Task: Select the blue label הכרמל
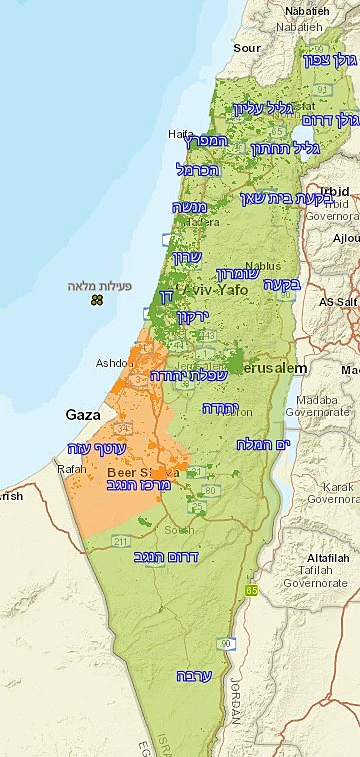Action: click(196, 169)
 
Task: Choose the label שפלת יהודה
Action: click(189, 375)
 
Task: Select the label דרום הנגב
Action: click(166, 556)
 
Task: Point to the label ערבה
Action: click(193, 675)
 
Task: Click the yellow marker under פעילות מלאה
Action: click(96, 300)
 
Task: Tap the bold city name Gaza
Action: click(83, 414)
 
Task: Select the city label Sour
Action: click(246, 47)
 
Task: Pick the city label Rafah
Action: click(72, 466)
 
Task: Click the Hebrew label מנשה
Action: click(190, 208)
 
